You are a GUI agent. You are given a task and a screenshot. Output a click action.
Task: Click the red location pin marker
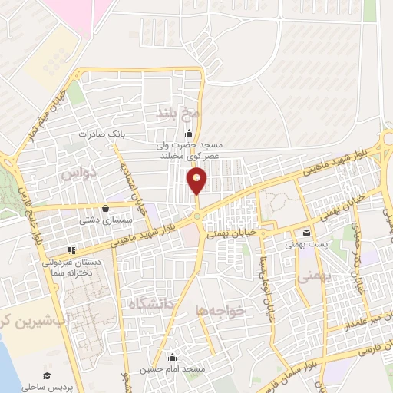pyautogui.click(x=197, y=181)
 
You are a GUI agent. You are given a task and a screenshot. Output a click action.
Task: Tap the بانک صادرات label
pyautogui.click(x=101, y=134)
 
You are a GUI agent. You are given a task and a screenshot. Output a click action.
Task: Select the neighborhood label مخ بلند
pyautogui.click(x=178, y=114)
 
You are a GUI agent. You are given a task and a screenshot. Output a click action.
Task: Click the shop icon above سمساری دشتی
pyautogui.click(x=105, y=207)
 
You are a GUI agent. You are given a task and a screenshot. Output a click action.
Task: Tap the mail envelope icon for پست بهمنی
pyautogui.click(x=307, y=233)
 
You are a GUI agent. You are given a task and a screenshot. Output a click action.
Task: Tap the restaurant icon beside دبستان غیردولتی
pyautogui.click(x=71, y=249)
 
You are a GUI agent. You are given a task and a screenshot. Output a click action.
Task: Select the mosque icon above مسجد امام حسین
pyautogui.click(x=173, y=356)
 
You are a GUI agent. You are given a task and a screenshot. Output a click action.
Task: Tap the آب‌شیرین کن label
pyautogui.click(x=31, y=319)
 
